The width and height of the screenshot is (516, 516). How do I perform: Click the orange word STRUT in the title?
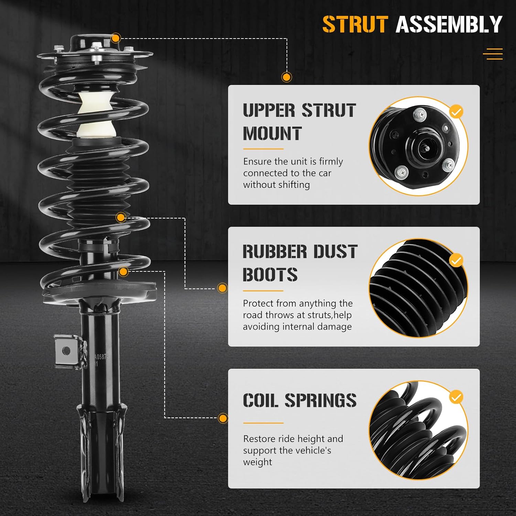pos(355,24)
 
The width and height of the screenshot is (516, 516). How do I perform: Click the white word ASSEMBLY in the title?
pos(449,24)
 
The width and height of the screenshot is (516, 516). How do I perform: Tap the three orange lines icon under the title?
pos(493,54)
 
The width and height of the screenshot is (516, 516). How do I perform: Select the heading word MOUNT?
pos(272,133)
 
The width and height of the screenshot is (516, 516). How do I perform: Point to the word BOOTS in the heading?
pos(270,275)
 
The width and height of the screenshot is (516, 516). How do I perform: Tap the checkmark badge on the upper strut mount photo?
pos(456,111)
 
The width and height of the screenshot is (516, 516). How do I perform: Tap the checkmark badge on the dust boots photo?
pos(456,261)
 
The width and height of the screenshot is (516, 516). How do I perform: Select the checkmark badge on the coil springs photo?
pos(456,397)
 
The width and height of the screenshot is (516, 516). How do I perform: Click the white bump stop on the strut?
pos(96,114)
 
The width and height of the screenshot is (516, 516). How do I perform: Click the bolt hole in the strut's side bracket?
pos(67,351)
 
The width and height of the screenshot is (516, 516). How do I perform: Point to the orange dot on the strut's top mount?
pos(116,38)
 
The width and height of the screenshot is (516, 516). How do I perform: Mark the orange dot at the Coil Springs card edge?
pos(223,418)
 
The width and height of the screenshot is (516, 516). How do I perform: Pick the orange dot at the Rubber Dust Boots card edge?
pos(223,288)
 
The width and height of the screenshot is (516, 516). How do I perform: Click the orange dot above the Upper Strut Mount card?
pos(287,77)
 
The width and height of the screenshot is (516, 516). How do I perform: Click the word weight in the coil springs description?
pos(257,462)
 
